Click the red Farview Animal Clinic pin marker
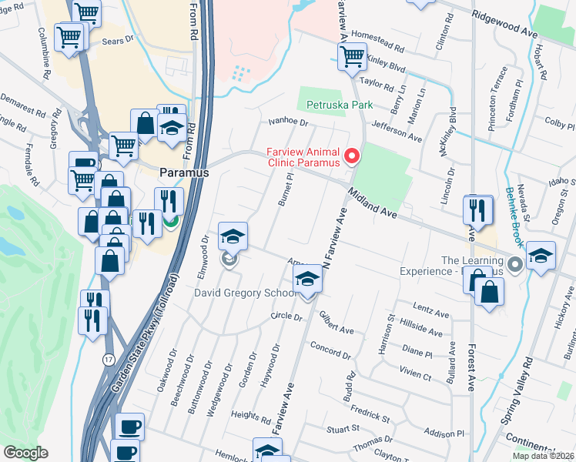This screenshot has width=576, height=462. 353,156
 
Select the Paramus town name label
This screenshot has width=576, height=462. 184,173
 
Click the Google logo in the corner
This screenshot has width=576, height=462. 25,453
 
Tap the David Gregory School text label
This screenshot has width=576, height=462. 246,293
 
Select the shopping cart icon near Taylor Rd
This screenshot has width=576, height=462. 352,56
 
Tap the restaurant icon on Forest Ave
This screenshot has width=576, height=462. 477,210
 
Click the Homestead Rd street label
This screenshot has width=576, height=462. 377,42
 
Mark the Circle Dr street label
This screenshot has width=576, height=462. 284,316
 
